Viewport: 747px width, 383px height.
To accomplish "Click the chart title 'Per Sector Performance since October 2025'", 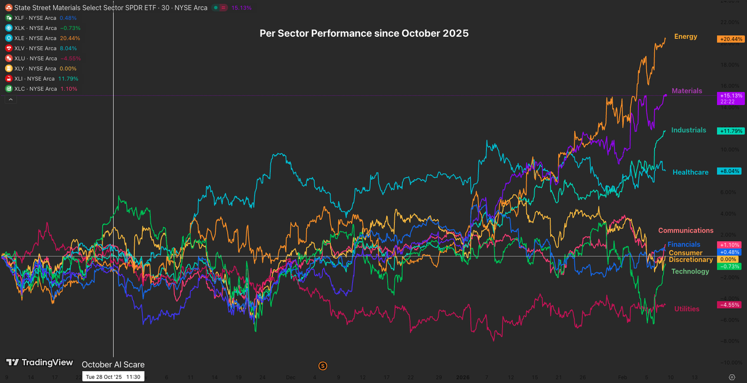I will point(364,33).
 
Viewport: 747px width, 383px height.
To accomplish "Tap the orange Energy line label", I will point(686,37).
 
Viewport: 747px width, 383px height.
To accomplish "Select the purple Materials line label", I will point(687,91).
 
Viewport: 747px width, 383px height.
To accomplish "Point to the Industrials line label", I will point(688,130).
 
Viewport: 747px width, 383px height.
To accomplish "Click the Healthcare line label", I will point(690,172).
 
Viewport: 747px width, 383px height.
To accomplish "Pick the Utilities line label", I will point(687,309).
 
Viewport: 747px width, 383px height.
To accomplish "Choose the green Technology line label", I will point(690,272).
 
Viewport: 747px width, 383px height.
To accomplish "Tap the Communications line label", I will point(686,230).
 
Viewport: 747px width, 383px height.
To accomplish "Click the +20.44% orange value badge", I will point(730,39).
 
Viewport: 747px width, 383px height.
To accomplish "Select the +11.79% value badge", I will point(730,131).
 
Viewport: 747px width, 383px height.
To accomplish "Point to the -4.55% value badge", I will point(730,305).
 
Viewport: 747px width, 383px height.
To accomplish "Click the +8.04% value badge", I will point(730,171).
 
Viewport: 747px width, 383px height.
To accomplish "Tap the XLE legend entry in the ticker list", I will point(41,38).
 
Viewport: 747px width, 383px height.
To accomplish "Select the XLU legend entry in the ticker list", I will point(41,59).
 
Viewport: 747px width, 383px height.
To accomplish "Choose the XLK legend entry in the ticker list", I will point(41,28).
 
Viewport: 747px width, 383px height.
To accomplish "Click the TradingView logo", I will point(39,363).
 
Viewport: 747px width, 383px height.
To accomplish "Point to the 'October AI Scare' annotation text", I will point(113,365).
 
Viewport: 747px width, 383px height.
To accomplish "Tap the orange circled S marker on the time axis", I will point(322,366).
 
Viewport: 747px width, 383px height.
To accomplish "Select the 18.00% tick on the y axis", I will point(730,65).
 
